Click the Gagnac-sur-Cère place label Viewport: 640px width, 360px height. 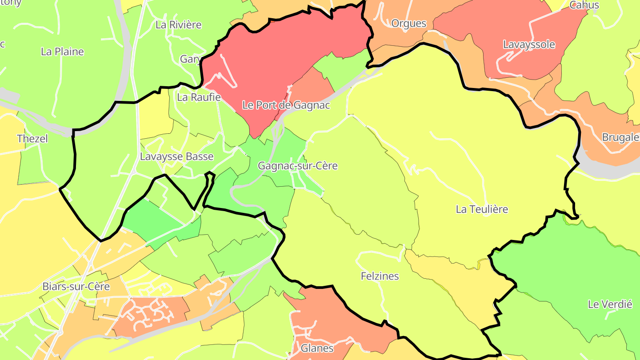(298, 166)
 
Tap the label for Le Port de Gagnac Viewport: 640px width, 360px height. (286, 105)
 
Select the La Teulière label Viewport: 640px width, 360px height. (482, 209)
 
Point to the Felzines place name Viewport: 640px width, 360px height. (380, 276)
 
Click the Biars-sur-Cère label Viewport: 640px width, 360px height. (76, 286)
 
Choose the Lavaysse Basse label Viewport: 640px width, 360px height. (176, 156)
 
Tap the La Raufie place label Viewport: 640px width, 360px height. (199, 97)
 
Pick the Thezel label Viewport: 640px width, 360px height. (32, 138)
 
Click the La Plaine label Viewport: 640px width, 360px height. (62, 52)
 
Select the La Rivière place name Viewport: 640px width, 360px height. (178, 24)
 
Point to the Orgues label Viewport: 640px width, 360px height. (408, 24)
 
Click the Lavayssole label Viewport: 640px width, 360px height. (529, 44)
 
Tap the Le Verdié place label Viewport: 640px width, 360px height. (610, 304)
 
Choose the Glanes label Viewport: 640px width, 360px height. (317, 348)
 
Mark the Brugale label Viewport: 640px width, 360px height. (620, 137)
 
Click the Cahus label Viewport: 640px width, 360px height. (584, 5)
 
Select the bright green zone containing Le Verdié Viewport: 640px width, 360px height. (578, 267)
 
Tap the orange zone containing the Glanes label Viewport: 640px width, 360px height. (329, 311)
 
